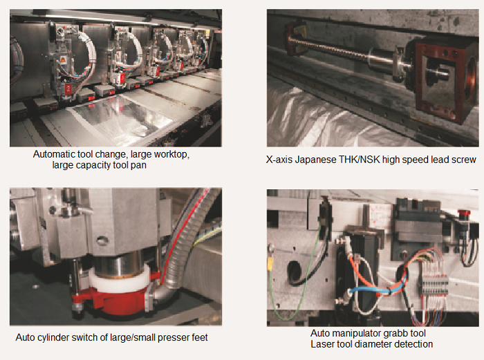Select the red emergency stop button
pyautogui.click(x=464, y=214)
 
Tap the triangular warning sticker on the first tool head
pyautogui.click(x=63, y=60)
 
